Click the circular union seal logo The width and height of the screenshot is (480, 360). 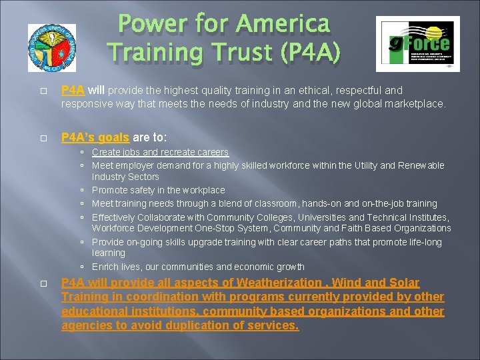(x=52, y=48)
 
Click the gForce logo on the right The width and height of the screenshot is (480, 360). (x=417, y=44)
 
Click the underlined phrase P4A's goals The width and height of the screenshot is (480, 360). (x=95, y=137)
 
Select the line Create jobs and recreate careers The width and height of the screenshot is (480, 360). (x=160, y=153)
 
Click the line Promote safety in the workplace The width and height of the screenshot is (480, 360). (x=158, y=190)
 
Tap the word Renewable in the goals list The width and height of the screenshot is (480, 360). (x=421, y=165)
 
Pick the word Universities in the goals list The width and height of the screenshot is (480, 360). (x=316, y=217)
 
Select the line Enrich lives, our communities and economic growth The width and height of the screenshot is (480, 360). (x=198, y=267)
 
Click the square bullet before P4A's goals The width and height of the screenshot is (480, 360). (x=42, y=138)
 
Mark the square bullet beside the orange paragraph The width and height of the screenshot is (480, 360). (x=42, y=283)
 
